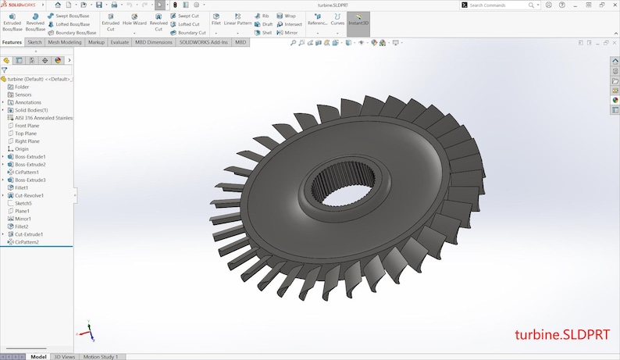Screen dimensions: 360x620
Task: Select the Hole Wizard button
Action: pos(134,21)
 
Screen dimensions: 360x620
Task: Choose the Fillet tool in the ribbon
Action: pos(216,20)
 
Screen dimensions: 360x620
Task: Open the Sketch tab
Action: pos(34,42)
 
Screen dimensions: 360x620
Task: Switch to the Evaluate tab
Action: pos(119,42)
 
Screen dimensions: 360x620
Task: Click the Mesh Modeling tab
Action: pos(65,42)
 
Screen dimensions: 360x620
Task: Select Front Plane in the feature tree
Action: pos(27,125)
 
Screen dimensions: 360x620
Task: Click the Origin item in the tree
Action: pos(21,148)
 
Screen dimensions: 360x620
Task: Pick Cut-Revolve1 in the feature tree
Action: pos(29,195)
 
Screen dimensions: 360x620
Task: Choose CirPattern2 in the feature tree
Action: pos(27,242)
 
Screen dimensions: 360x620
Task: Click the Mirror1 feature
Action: pos(23,219)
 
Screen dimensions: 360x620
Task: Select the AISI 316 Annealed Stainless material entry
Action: pos(44,117)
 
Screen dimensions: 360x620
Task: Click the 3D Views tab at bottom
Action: pos(64,357)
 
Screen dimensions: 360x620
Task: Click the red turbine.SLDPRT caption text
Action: pos(562,334)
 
